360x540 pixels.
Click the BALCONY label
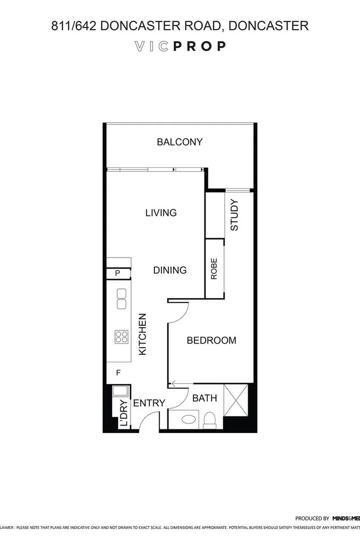click(x=179, y=142)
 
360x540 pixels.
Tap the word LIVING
click(x=161, y=213)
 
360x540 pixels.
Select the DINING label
click(x=169, y=270)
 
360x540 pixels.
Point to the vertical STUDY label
click(x=234, y=215)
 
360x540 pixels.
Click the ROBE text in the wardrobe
click(x=214, y=269)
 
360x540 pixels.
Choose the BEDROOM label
click(x=211, y=340)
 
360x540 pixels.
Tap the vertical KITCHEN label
click(x=143, y=334)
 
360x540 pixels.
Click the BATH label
click(x=205, y=399)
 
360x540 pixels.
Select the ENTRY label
click(x=148, y=403)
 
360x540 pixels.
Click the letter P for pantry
click(x=118, y=274)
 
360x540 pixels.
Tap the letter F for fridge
click(x=118, y=372)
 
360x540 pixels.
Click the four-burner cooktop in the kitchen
click(x=121, y=337)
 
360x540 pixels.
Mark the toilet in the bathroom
click(x=209, y=420)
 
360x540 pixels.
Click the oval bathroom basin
click(x=189, y=419)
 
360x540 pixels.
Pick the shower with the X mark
click(x=235, y=400)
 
